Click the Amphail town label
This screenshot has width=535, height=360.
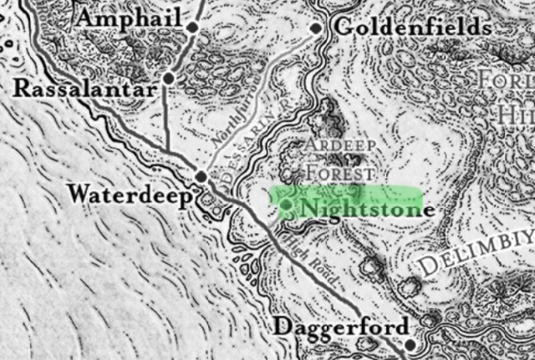click(x=129, y=18)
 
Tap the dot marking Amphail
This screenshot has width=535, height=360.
click(x=193, y=28)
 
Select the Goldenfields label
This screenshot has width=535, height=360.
click(x=412, y=28)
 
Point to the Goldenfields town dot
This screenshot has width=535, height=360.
click(x=316, y=28)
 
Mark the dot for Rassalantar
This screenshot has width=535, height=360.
click(x=169, y=79)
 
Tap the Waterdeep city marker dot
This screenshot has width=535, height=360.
click(x=201, y=175)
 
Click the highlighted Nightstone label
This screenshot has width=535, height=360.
click(x=367, y=208)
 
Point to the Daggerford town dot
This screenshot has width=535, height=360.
click(x=410, y=343)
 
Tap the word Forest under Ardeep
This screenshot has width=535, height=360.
click(x=339, y=173)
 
